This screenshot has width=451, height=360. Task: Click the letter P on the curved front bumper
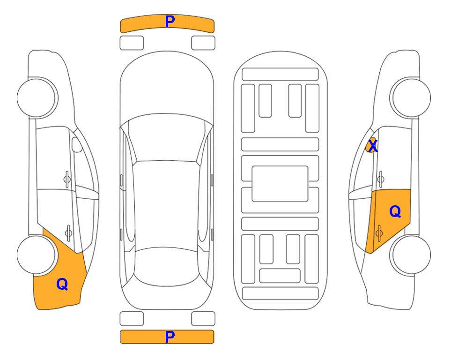point(170,21)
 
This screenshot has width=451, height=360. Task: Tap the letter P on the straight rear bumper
point(170,337)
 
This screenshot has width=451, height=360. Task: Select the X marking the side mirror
point(373,146)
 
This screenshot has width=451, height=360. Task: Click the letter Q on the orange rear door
point(395,212)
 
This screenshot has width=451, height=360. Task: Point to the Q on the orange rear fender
point(62,284)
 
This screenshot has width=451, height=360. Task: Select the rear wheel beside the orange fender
point(36,255)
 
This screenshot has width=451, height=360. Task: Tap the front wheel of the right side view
point(411,97)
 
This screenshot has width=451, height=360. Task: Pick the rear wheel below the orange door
point(411,255)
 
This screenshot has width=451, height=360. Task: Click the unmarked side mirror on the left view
point(77,144)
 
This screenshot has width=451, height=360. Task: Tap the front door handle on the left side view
point(67,180)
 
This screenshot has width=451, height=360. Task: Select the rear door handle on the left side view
point(68,232)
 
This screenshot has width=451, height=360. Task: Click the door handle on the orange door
point(379,233)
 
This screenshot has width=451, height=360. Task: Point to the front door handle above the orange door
point(381,180)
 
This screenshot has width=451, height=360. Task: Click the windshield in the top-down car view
point(167,138)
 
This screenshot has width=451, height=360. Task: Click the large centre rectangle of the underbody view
point(280,184)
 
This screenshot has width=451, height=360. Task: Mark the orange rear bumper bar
point(167,337)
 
